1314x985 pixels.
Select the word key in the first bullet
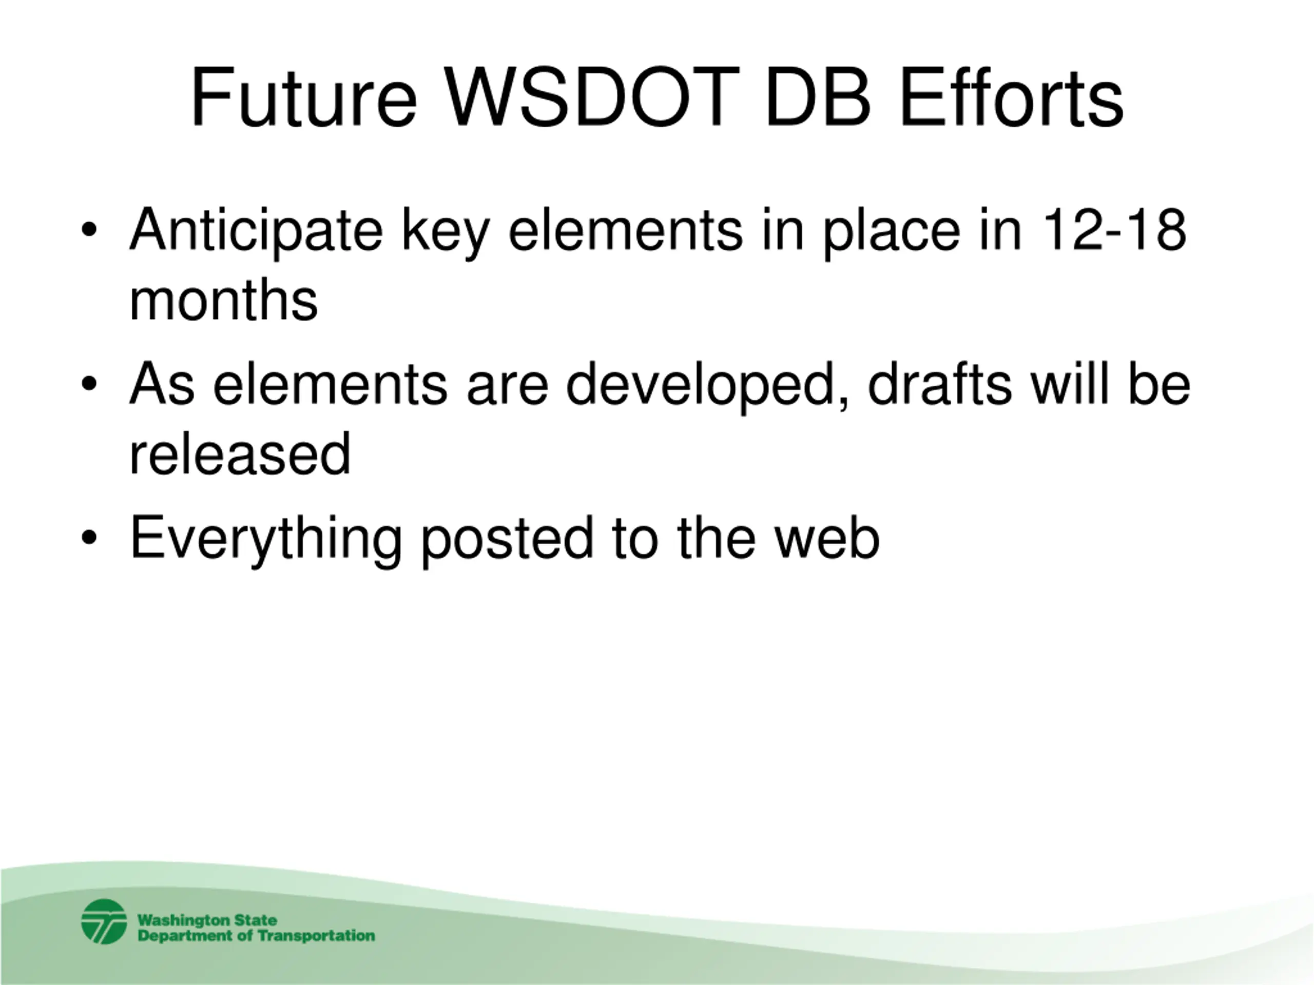(x=445, y=233)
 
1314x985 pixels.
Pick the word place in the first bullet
(x=891, y=233)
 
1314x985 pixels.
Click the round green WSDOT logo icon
(x=104, y=922)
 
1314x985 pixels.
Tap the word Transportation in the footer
(x=317, y=936)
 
